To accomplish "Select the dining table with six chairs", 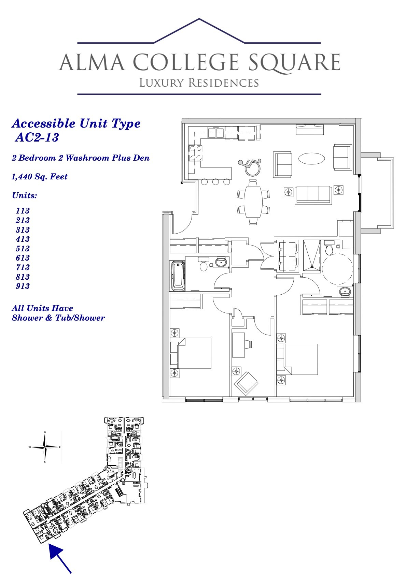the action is point(253,202).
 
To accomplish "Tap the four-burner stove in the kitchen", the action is point(195,153).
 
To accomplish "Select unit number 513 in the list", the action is point(23,248).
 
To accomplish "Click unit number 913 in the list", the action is point(23,286).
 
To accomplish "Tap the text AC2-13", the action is point(37,137).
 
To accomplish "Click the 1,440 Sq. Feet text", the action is point(40,177).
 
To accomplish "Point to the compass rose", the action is point(45,447).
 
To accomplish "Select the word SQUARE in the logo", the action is point(294,62).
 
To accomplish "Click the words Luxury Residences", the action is point(199,83).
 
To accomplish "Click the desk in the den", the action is point(239,345).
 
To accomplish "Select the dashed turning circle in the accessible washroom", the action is point(337,268).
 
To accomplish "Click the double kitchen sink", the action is point(216,133).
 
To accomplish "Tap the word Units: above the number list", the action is point(25,195).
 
